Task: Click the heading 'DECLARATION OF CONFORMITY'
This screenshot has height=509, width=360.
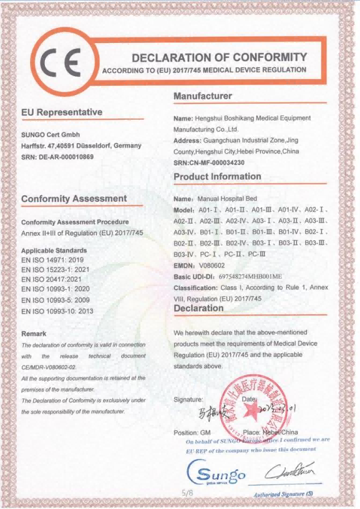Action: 219,57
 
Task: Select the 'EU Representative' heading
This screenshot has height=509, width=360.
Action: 61,112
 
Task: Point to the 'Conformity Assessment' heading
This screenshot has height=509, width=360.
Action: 74,198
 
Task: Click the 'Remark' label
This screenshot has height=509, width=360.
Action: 34,334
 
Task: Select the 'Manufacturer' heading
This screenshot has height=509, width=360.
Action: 203,96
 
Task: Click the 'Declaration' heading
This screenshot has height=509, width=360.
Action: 198,308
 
